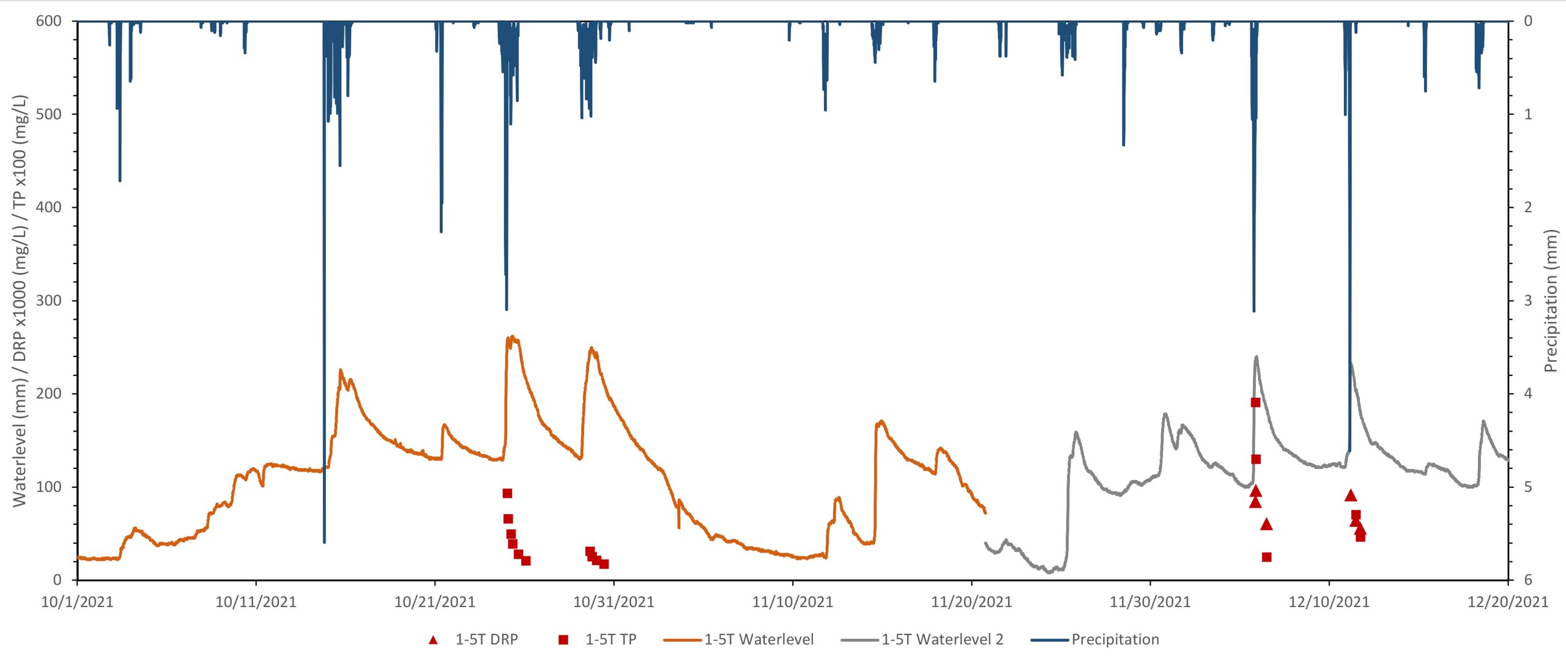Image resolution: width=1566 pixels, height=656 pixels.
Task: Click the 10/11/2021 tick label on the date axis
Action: [x=255, y=602]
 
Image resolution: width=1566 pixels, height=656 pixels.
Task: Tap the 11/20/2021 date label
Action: [x=971, y=602]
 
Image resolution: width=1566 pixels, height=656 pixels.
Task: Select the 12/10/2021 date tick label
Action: [x=1329, y=602]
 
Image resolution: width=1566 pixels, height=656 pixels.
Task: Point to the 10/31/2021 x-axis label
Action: [x=613, y=602]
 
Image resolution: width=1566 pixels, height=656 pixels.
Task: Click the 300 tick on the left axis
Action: [x=49, y=300]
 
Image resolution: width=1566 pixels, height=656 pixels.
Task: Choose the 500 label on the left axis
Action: [x=49, y=114]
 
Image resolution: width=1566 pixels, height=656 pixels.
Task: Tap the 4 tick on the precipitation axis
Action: [x=1527, y=393]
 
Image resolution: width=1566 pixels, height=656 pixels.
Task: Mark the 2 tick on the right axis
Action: [x=1527, y=207]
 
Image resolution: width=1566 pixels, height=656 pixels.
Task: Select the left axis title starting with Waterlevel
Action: [x=20, y=300]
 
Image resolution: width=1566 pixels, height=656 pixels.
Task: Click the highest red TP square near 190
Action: [x=1255, y=402]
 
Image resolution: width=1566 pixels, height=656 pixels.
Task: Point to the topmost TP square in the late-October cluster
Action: [x=507, y=493]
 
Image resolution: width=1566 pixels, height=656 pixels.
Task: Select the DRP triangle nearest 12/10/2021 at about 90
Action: [x=1351, y=495]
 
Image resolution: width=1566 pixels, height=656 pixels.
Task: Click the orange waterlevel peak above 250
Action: [x=513, y=336]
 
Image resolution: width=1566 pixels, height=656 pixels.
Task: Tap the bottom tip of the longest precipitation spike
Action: [x=324, y=542]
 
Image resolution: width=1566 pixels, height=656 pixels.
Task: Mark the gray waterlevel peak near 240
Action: [x=1256, y=356]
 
